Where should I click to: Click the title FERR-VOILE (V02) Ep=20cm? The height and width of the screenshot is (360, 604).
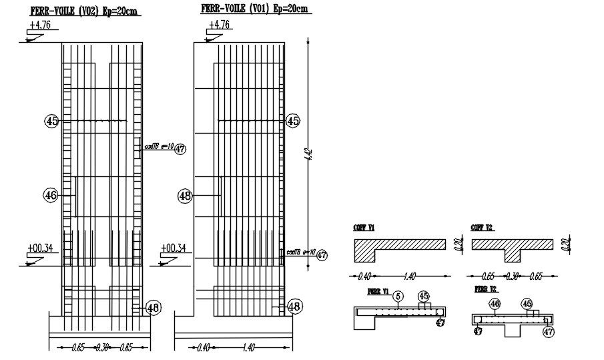[x=85, y=11]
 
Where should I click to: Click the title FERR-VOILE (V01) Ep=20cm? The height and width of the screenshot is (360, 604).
[x=255, y=8]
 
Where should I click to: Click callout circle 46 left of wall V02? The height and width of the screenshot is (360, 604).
[x=51, y=195]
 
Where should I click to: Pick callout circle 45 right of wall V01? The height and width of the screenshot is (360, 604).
[x=292, y=121]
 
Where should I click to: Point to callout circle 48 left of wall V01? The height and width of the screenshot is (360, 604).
[x=185, y=196]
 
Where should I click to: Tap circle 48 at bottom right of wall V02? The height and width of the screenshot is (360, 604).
[x=153, y=307]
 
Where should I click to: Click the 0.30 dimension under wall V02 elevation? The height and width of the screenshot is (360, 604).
[x=102, y=347]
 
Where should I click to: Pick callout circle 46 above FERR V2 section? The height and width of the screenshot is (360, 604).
[x=495, y=305]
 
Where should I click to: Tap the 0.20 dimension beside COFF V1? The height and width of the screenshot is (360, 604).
[x=457, y=245]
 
